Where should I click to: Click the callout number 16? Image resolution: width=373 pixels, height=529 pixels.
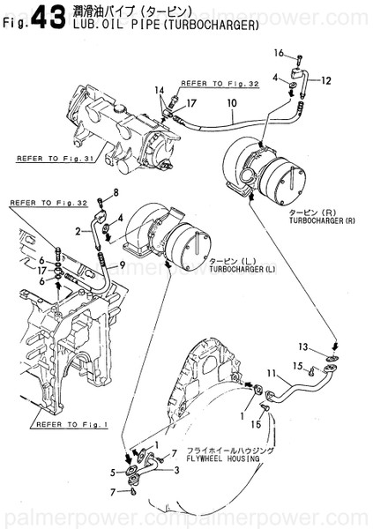pos(279,53)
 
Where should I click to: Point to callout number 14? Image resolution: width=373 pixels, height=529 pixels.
pos(160,91)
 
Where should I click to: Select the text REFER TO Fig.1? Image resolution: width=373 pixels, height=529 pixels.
pos(65,423)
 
